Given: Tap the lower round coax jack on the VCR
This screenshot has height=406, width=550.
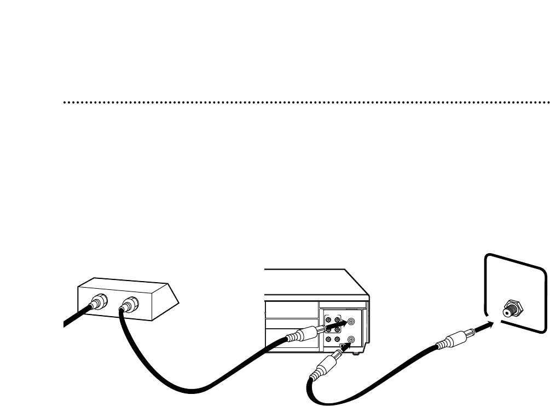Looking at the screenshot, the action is (x=351, y=340).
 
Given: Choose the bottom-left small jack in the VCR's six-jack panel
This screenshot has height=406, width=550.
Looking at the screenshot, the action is (x=328, y=340).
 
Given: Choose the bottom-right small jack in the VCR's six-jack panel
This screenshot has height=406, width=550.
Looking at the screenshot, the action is (x=338, y=340).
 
